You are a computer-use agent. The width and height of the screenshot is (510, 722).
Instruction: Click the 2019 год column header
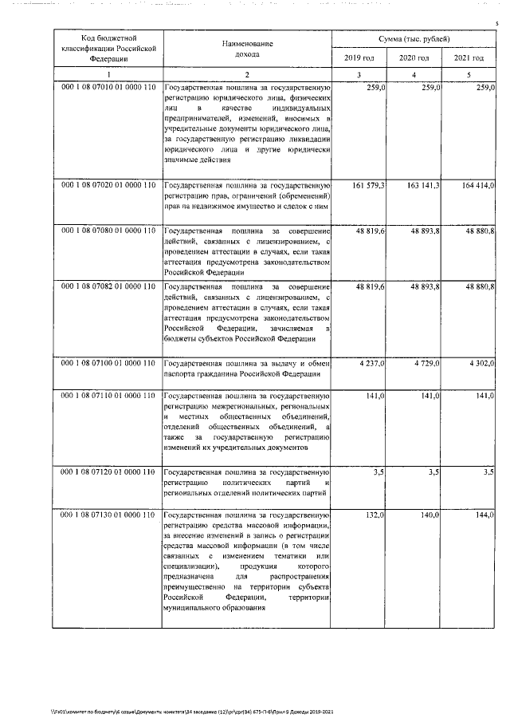tap(359, 59)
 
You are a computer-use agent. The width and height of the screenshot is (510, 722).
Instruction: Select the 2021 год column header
tap(469, 59)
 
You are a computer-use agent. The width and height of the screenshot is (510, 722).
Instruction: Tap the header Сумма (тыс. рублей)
tap(414, 39)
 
